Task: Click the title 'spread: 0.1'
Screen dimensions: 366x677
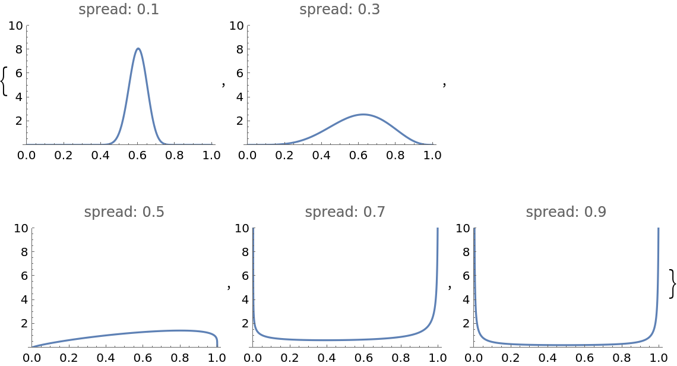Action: coord(119,10)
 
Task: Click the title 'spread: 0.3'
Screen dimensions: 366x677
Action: coord(340,10)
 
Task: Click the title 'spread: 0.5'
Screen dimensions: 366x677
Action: coord(124,213)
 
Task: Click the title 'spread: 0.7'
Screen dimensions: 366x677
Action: coord(345,213)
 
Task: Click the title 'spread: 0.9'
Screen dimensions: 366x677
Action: coord(566,213)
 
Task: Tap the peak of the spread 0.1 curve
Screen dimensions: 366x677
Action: coord(138,48)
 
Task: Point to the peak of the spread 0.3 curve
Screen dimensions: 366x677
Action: coord(363,114)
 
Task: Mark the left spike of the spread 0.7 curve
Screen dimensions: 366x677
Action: coord(254,238)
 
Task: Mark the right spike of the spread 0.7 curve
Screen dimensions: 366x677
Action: coord(438,238)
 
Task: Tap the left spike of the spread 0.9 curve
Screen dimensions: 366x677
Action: coord(474,238)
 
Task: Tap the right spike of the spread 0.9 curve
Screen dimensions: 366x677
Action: coord(659,238)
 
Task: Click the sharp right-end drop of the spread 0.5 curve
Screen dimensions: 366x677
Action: coord(217,340)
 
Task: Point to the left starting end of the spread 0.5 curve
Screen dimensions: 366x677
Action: coord(33,346)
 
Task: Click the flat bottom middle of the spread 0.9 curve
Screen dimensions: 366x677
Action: coord(567,345)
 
